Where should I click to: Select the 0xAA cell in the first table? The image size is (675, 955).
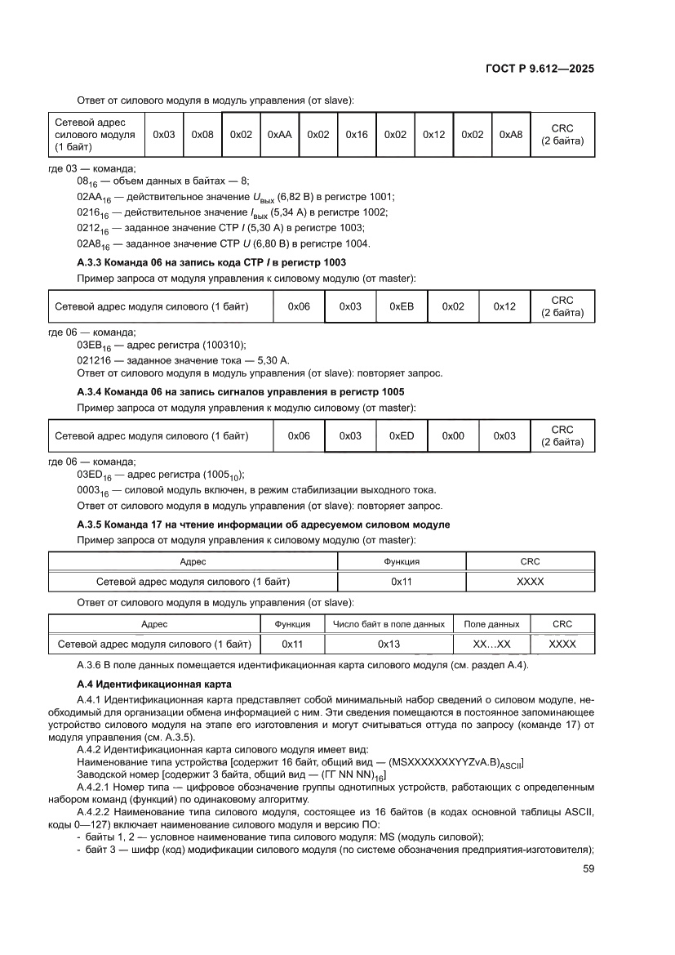point(279,134)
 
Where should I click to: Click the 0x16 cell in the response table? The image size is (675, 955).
point(357,134)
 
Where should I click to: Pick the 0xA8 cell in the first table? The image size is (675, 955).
point(511,134)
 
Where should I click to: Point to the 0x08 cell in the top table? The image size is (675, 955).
point(202,134)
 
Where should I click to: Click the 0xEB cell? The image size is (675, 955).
point(402,306)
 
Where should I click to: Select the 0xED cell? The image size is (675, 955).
point(402,436)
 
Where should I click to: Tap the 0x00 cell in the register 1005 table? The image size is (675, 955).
point(453,436)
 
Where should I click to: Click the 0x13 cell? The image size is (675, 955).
point(389,644)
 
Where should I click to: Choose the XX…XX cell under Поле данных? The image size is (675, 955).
point(491,644)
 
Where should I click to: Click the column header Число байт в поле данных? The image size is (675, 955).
point(389,624)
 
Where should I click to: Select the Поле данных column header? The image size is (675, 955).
point(491,624)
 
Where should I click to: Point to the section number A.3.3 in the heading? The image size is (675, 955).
point(94,262)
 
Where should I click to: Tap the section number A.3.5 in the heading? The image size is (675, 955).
point(94,524)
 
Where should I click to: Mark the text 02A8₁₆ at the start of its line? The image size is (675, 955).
point(92,244)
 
